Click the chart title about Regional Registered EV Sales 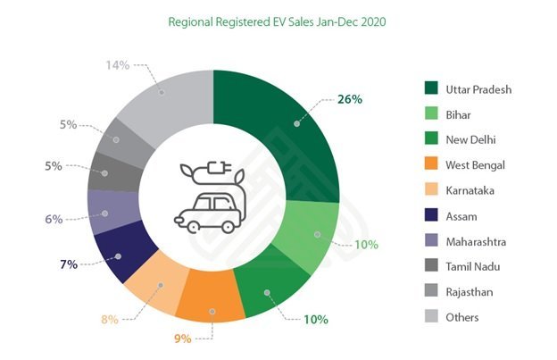click(278, 20)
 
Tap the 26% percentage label click(349, 98)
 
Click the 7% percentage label click(69, 264)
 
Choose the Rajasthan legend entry click(470, 291)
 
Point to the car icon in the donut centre click(208, 210)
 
